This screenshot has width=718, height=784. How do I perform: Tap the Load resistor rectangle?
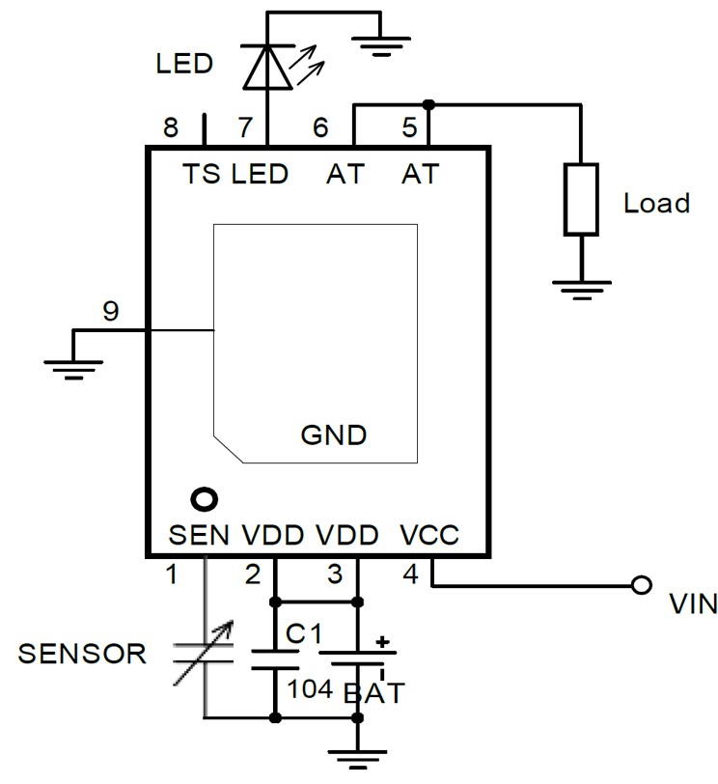coord(581,201)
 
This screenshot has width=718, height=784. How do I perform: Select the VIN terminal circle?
coord(638,585)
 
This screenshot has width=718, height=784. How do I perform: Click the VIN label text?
coord(693,605)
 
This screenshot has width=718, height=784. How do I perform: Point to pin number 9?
coord(111,312)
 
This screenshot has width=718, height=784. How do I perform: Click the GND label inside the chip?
coord(334,434)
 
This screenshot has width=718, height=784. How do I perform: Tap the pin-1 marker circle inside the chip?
coord(204,499)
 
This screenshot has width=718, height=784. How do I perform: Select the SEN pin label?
coord(199,535)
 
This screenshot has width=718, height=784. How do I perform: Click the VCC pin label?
coord(429,535)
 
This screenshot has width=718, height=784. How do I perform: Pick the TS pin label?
coord(204,175)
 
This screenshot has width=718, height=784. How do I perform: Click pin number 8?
coord(171,127)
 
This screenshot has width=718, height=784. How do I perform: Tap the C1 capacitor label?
coord(302,633)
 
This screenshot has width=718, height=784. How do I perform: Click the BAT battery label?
coord(374,691)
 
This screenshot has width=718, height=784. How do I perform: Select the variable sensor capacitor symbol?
coord(205,654)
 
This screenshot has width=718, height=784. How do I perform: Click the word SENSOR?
coord(82,654)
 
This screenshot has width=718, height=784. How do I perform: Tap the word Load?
coord(656,204)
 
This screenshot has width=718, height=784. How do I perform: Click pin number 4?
coord(409,575)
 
